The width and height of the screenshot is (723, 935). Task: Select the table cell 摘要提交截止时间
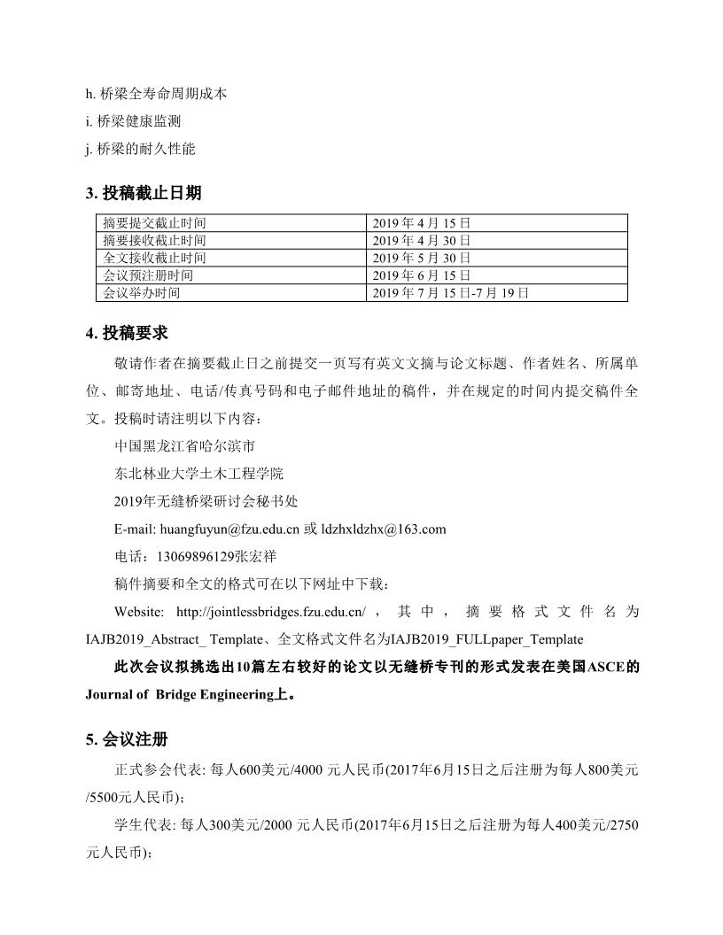(155, 223)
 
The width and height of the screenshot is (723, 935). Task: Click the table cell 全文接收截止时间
(155, 258)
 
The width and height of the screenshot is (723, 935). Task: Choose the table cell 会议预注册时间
(149, 275)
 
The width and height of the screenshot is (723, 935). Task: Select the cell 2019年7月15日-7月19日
(451, 292)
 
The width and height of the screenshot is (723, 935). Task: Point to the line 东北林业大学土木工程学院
(199, 475)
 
